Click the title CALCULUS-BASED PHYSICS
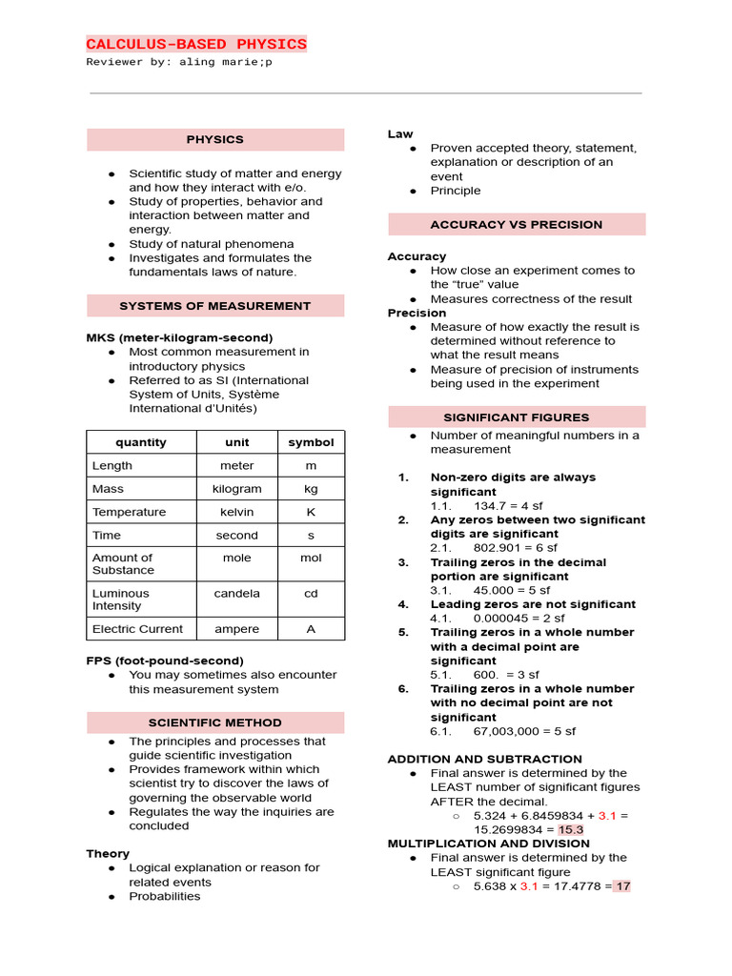pyautogui.click(x=196, y=44)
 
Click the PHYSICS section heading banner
pyautogui.click(x=215, y=140)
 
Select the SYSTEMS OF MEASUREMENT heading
pyautogui.click(x=215, y=306)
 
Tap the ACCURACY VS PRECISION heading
pyautogui.click(x=517, y=225)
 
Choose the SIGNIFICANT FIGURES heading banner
pyautogui.click(x=517, y=417)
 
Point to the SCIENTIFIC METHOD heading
pyautogui.click(x=215, y=722)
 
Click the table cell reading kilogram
pyautogui.click(x=236, y=489)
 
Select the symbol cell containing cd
pyautogui.click(x=311, y=594)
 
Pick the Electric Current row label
pyautogui.click(x=138, y=629)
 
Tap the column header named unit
pyautogui.click(x=236, y=442)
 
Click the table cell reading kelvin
pyautogui.click(x=236, y=512)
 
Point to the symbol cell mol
pyautogui.click(x=311, y=559)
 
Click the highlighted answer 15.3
pyautogui.click(x=571, y=830)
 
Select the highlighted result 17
pyautogui.click(x=622, y=886)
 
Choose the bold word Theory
pyautogui.click(x=108, y=854)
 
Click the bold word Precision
pyautogui.click(x=417, y=313)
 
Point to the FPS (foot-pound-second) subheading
pyautogui.click(x=165, y=661)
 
